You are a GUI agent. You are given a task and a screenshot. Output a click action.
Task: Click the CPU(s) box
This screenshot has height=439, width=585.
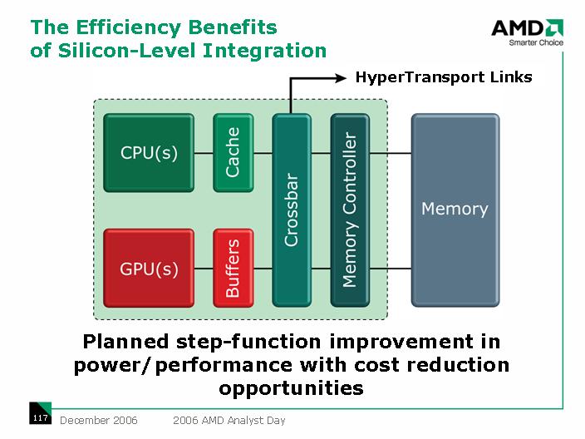click(149, 153)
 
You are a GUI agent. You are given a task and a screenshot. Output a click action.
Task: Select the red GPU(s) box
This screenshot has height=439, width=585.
click(149, 268)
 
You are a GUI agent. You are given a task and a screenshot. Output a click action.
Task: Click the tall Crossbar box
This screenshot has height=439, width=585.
click(292, 210)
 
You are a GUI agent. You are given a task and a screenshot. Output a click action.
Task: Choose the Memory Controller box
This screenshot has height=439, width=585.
click(350, 210)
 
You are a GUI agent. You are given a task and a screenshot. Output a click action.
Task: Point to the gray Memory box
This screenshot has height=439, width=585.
click(455, 210)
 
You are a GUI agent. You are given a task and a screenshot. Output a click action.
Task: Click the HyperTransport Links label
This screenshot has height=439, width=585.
click(444, 78)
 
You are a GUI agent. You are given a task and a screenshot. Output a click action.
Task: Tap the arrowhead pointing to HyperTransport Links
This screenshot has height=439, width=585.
click(340, 78)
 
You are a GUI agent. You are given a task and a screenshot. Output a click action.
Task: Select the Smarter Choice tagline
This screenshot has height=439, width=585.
click(528, 43)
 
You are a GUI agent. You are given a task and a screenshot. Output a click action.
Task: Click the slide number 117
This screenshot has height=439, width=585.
click(39, 418)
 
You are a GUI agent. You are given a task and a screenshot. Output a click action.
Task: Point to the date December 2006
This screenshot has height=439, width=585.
click(99, 420)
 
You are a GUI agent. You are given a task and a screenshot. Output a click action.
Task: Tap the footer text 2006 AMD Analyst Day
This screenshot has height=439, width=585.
click(229, 420)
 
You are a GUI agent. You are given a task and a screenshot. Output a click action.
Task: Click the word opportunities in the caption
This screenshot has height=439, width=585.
click(292, 387)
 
